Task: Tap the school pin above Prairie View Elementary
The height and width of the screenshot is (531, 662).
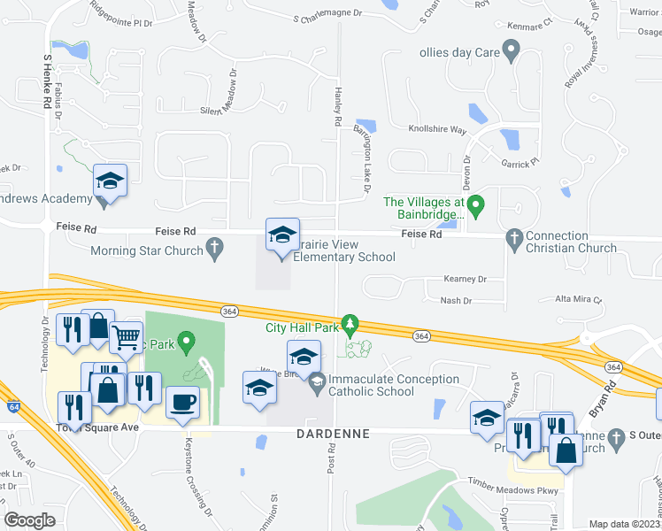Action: (x=282, y=235)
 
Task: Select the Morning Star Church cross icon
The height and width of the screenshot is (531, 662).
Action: (x=214, y=250)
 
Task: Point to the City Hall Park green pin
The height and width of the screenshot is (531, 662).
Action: (x=350, y=325)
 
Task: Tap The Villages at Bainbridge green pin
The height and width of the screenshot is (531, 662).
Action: (x=475, y=208)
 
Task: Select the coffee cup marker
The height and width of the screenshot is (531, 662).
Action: (x=183, y=403)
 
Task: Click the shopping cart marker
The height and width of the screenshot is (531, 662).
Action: (x=127, y=337)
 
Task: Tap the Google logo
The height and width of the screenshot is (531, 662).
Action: (x=29, y=520)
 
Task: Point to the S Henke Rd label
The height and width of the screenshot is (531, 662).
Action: (x=46, y=81)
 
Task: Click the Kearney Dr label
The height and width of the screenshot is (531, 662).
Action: (x=465, y=279)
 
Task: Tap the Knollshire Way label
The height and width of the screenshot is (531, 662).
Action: (x=436, y=129)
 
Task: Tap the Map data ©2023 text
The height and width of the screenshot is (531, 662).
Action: (x=623, y=524)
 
